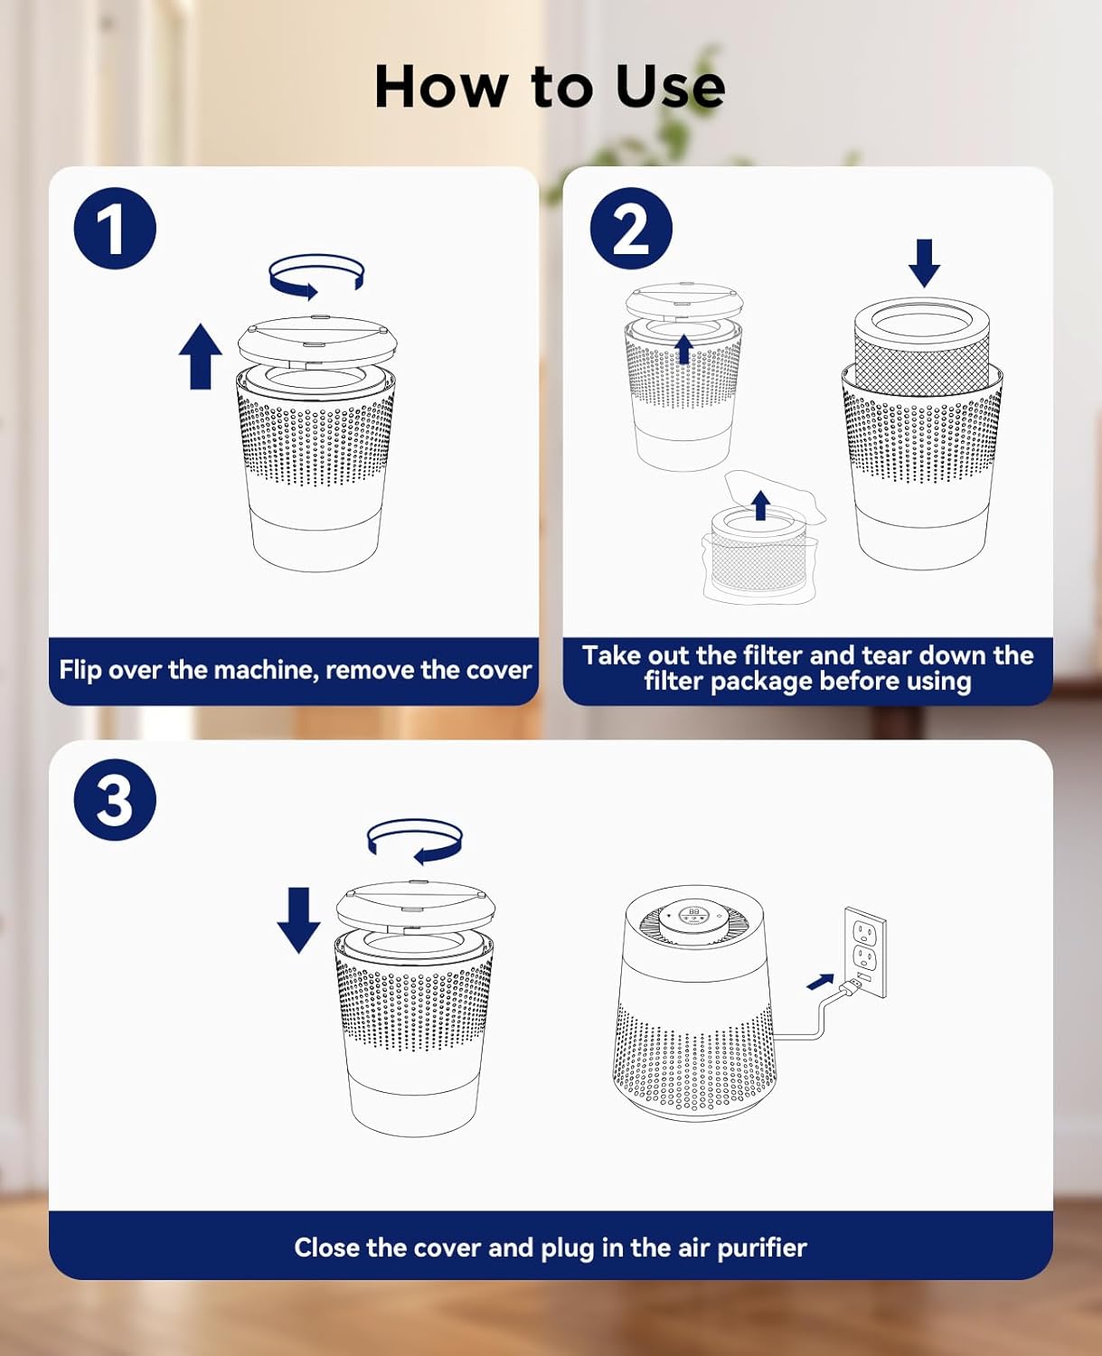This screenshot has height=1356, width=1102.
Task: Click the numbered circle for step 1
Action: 115,229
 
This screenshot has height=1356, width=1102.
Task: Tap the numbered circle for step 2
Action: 631,229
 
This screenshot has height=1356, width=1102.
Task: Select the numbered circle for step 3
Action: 115,800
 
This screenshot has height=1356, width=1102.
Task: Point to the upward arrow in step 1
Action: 201,356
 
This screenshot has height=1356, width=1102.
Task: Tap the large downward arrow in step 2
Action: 925,263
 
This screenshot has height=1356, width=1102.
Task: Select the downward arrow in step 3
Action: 298,920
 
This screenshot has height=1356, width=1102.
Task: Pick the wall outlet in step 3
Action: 865,953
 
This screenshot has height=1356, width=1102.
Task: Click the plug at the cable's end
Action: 852,986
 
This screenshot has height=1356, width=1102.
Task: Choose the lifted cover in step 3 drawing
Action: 415,907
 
